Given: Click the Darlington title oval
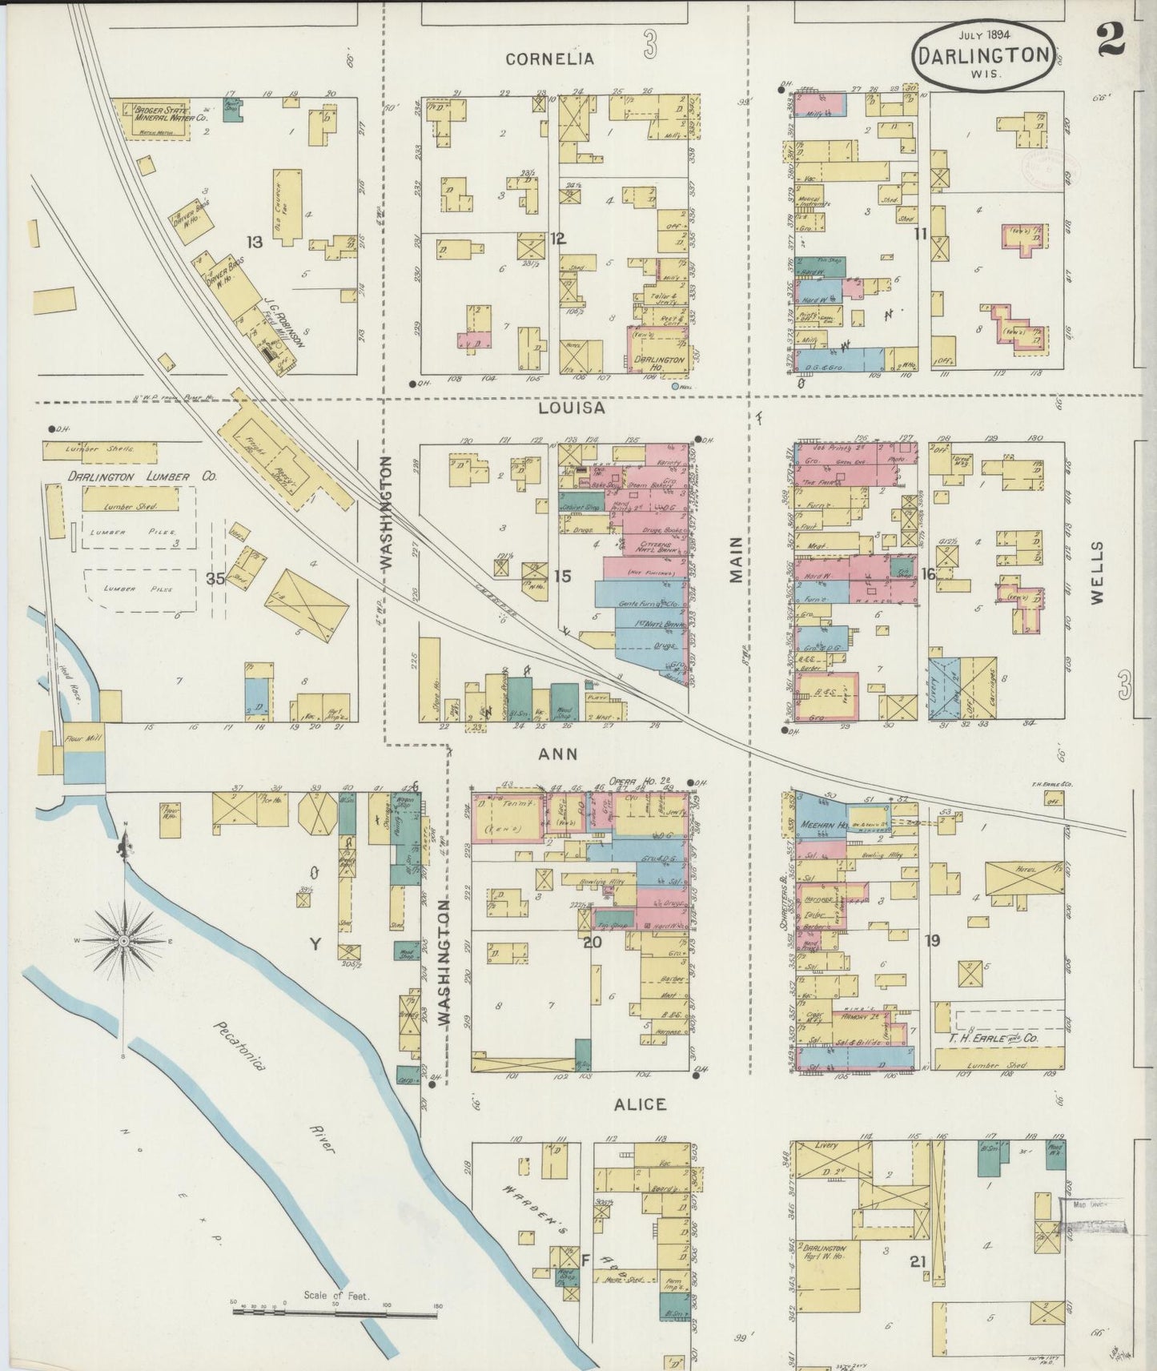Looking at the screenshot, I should click(x=983, y=54).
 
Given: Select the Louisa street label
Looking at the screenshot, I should click(x=571, y=408).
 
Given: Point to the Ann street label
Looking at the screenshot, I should click(x=557, y=754).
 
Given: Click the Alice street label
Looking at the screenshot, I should click(x=640, y=1104).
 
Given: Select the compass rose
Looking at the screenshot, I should click(x=124, y=942).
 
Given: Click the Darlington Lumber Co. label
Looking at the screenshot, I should click(x=142, y=476).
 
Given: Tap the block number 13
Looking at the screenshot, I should click(x=255, y=241).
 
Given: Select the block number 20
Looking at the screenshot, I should click(x=592, y=942).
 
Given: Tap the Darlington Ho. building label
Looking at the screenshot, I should click(x=659, y=360).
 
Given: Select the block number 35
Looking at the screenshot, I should click(x=215, y=578).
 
